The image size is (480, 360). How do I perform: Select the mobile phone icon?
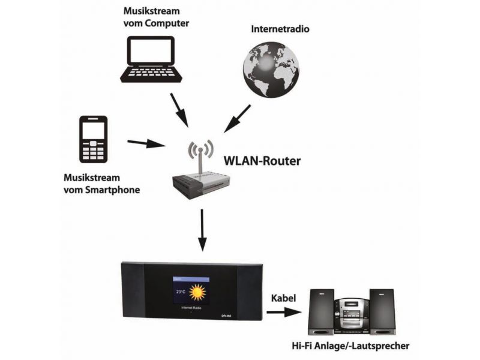[94, 139]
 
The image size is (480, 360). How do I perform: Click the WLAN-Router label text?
[262, 161]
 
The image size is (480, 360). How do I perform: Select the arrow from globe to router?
[238, 118]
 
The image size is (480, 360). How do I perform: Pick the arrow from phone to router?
[146, 143]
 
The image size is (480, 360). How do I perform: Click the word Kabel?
[284, 298]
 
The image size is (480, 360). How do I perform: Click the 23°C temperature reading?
[180, 292]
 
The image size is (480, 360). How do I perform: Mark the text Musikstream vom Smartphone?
[101, 184]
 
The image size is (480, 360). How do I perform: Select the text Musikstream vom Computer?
[156, 17]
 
